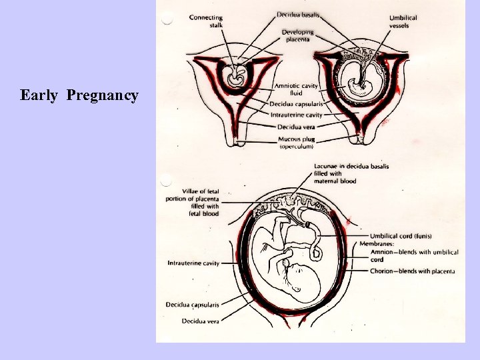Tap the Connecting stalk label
tap(206, 21)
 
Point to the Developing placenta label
tap(297, 36)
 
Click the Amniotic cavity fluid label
tap(291, 90)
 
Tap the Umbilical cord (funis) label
tap(399, 236)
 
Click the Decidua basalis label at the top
tap(298, 15)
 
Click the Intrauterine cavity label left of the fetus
tap(193, 263)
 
